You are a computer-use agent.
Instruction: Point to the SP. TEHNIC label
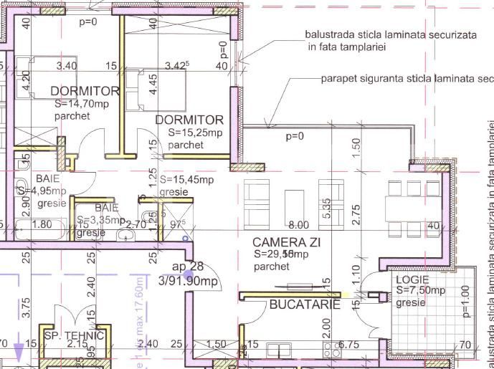(74, 335)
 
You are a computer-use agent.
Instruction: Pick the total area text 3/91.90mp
(189, 281)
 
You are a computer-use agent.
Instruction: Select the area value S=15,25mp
(196, 133)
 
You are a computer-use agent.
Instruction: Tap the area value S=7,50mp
(421, 290)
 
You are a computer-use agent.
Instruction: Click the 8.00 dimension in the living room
(298, 225)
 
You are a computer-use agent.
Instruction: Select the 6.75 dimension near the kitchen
(348, 345)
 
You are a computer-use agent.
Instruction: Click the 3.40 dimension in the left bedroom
(66, 66)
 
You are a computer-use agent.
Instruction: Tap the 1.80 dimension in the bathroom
(42, 224)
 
